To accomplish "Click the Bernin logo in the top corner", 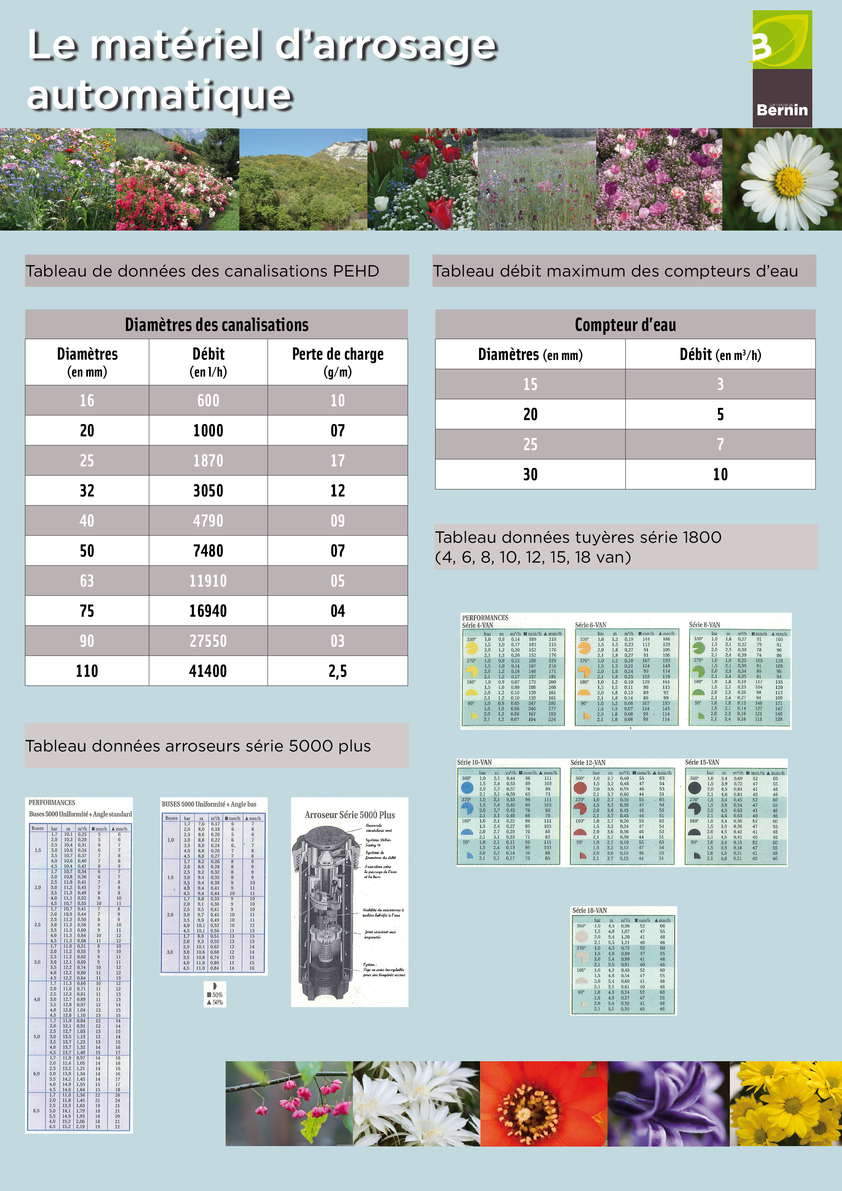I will tap(782, 69).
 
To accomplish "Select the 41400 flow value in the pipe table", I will tap(208, 671).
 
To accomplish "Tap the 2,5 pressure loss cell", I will tap(337, 671).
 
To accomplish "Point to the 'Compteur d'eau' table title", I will tap(625, 325).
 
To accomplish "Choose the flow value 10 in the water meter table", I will tap(720, 474).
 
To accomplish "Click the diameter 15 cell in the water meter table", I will tap(530, 384).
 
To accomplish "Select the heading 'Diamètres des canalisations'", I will tap(216, 325).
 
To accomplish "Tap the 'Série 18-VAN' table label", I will tap(590, 910).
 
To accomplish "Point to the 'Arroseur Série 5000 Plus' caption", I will tap(350, 815).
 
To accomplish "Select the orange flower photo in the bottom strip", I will tap(543, 1103).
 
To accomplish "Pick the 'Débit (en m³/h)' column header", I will tap(720, 355).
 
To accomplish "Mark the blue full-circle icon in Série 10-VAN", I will tap(468, 788).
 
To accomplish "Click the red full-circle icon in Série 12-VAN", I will tap(580, 788).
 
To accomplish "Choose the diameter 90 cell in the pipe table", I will tap(87, 641).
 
